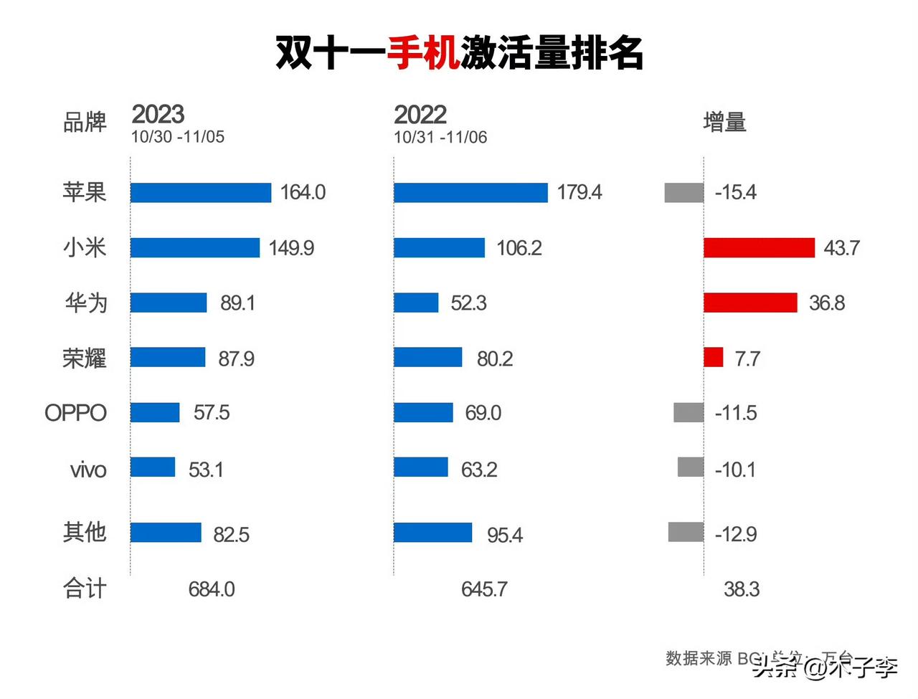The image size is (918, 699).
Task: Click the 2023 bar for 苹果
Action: [201, 193]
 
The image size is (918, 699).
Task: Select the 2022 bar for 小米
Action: [439, 248]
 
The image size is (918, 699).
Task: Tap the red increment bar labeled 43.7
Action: [759, 248]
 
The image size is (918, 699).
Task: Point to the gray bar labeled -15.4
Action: [684, 193]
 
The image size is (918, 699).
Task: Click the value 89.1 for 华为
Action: [237, 303]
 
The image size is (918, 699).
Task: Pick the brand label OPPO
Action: [75, 413]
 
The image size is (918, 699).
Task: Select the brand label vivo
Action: [88, 470]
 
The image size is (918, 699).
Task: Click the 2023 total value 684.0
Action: [212, 589]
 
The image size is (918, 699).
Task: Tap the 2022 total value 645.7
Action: [484, 589]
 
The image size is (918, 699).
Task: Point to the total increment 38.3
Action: [742, 589]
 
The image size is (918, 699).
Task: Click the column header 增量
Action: [724, 123]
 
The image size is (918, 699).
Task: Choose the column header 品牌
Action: [85, 123]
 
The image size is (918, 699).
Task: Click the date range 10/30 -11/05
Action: [178, 137]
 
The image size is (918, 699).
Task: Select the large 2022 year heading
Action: [420, 115]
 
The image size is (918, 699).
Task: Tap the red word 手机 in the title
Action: [423, 52]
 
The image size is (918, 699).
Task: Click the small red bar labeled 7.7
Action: [714, 357]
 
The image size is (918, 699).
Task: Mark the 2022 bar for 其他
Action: [432, 533]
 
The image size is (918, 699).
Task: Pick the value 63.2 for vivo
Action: [479, 470]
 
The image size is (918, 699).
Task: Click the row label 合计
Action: [85, 589]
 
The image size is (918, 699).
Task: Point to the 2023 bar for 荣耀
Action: [168, 357]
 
